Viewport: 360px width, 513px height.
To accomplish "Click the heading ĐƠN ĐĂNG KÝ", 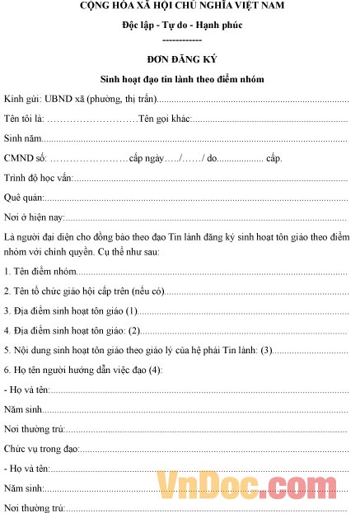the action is coord(181,60).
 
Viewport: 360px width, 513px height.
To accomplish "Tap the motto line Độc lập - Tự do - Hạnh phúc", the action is coord(181,26).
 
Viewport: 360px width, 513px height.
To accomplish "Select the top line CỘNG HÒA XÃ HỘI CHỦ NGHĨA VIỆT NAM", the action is coord(181,7).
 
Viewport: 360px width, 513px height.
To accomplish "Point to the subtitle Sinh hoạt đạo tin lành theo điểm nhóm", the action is coord(181,80).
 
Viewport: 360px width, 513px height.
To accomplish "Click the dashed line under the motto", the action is coord(181,39).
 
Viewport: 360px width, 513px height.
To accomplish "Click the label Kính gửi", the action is coord(21,100).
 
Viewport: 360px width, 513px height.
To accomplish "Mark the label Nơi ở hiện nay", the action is coord(34,217).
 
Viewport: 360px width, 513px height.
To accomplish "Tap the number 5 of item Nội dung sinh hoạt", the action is coord(7,350).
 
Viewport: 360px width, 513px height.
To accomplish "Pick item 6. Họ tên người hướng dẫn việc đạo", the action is coord(82,370).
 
